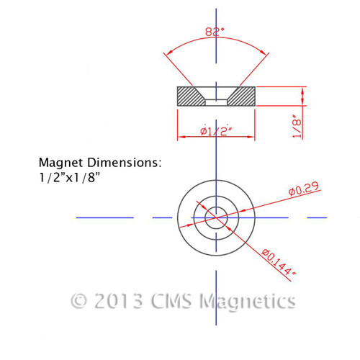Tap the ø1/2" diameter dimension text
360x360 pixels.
pyautogui.click(x=216, y=130)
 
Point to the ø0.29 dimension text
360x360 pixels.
pyautogui.click(x=302, y=190)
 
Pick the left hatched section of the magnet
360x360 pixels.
pyautogui.click(x=190, y=96)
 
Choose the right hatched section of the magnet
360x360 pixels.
pyautogui.click(x=241, y=96)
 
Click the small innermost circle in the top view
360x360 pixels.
pyautogui.click(x=216, y=217)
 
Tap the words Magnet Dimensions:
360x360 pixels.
pyautogui.click(x=100, y=163)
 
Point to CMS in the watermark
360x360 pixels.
pyautogui.click(x=173, y=300)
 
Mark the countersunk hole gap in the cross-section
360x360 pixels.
pyautogui.click(x=216, y=101)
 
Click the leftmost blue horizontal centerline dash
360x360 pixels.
pyautogui.click(x=104, y=217)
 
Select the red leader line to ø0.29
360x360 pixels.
pyautogui.click(x=266, y=202)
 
